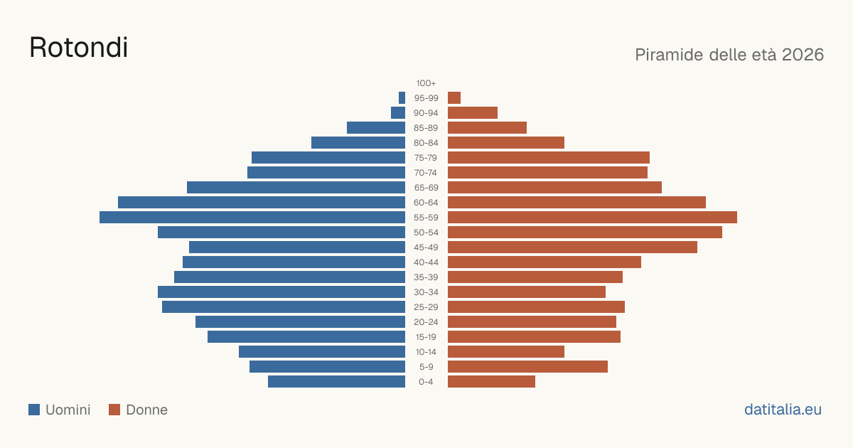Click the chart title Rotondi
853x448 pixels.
click(78, 48)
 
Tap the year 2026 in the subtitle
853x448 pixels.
click(803, 55)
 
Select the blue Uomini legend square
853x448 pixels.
click(34, 410)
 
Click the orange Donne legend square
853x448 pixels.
click(114, 410)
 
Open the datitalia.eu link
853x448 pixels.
click(783, 410)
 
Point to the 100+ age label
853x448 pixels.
click(426, 83)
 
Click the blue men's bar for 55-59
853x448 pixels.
click(252, 217)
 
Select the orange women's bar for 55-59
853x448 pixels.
click(593, 217)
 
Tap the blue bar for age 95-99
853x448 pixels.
click(402, 98)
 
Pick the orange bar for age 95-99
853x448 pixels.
click(454, 98)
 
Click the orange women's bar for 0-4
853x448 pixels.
click(492, 382)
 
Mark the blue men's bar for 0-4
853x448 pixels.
click(337, 382)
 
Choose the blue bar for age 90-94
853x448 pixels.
click(398, 113)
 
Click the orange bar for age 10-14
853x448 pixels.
click(506, 351)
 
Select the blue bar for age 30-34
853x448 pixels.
click(281, 292)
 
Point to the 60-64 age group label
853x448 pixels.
click(426, 203)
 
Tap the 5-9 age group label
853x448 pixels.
click(426, 367)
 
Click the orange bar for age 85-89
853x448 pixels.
click(488, 127)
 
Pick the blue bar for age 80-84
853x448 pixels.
click(358, 142)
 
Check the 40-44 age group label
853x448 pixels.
click(426, 262)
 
